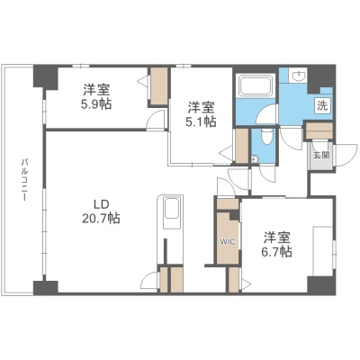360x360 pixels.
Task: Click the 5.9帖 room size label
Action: [x=95, y=104]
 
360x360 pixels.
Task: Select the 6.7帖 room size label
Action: [x=276, y=252]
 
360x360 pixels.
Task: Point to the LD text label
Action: [x=101, y=204]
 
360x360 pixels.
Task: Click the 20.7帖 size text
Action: [x=101, y=218]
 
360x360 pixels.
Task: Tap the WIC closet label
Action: [x=228, y=241]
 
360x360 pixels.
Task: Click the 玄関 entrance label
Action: [x=321, y=155]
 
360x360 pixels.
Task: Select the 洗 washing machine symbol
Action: [x=322, y=105]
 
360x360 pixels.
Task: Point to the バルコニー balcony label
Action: [x=24, y=180]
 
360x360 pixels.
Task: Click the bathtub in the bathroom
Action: [x=256, y=85]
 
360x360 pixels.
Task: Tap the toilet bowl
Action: [x=265, y=137]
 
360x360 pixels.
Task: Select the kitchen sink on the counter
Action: [x=170, y=209]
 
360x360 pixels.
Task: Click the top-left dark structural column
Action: [x=45, y=77]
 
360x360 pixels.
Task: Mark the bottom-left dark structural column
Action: [x=45, y=287]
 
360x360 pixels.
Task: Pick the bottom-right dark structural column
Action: [x=321, y=284]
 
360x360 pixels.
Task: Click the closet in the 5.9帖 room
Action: [x=158, y=85]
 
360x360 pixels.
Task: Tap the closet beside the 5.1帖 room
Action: [x=242, y=146]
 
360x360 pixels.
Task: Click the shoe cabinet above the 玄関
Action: [x=319, y=130]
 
